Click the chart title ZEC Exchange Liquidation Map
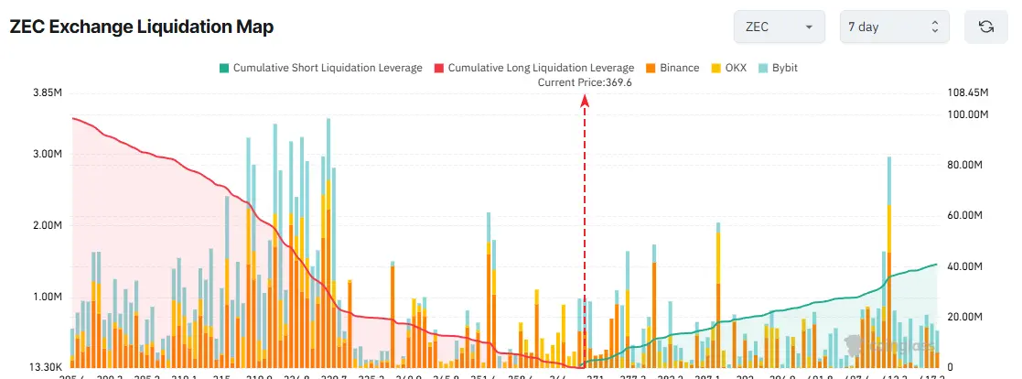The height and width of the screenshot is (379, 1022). pyautogui.click(x=142, y=27)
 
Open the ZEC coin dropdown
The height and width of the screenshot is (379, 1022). pyautogui.click(x=779, y=27)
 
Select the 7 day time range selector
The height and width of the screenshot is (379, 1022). pyautogui.click(x=894, y=27)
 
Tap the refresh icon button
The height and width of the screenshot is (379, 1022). pyautogui.click(x=985, y=27)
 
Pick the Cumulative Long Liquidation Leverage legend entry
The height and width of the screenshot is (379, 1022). pyautogui.click(x=533, y=68)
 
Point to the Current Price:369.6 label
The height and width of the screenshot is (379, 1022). pyautogui.click(x=586, y=82)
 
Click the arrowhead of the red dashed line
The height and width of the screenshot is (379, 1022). pyautogui.click(x=585, y=101)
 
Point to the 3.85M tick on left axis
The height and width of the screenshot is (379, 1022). pyautogui.click(x=46, y=93)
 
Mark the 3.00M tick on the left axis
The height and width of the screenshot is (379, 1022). pyautogui.click(x=46, y=154)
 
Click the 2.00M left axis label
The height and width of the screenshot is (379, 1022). pyautogui.click(x=46, y=225)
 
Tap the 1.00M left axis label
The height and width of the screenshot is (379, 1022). pyautogui.click(x=46, y=297)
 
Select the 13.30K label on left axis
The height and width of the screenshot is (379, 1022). pyautogui.click(x=44, y=367)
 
